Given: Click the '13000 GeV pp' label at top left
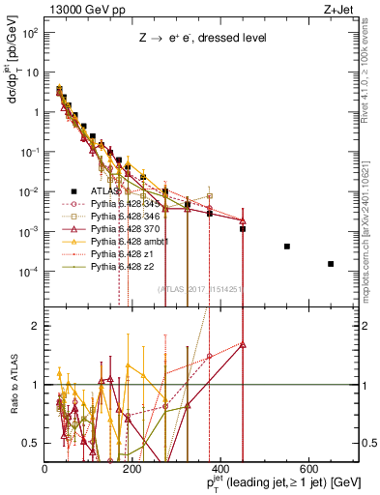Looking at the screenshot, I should [x=76, y=9].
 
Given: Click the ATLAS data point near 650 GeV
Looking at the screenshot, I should [x=331, y=264].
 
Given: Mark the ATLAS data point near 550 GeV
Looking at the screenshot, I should [x=287, y=247].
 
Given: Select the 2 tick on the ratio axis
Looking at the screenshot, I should [x=37, y=326].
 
